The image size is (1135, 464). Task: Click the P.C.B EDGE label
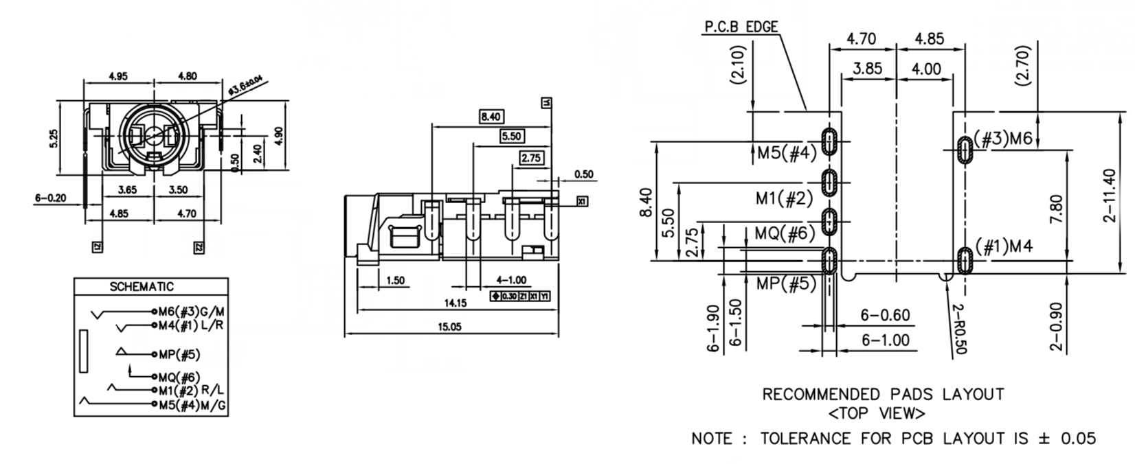[x=741, y=27]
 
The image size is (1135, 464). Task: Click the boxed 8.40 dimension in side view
[x=491, y=117]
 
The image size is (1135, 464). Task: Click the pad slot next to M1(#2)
[x=831, y=183]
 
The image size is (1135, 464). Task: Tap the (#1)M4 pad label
[x=1004, y=246]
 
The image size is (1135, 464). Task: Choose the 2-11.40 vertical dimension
[x=1109, y=196]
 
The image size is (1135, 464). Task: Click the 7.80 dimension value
[x=1057, y=209]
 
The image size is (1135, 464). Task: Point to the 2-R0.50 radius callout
[x=960, y=329]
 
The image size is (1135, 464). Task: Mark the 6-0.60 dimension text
[x=885, y=316]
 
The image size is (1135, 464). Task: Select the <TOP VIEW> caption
[x=877, y=414]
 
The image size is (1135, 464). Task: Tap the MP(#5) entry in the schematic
[x=179, y=355]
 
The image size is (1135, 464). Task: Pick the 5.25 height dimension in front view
[x=54, y=139]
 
